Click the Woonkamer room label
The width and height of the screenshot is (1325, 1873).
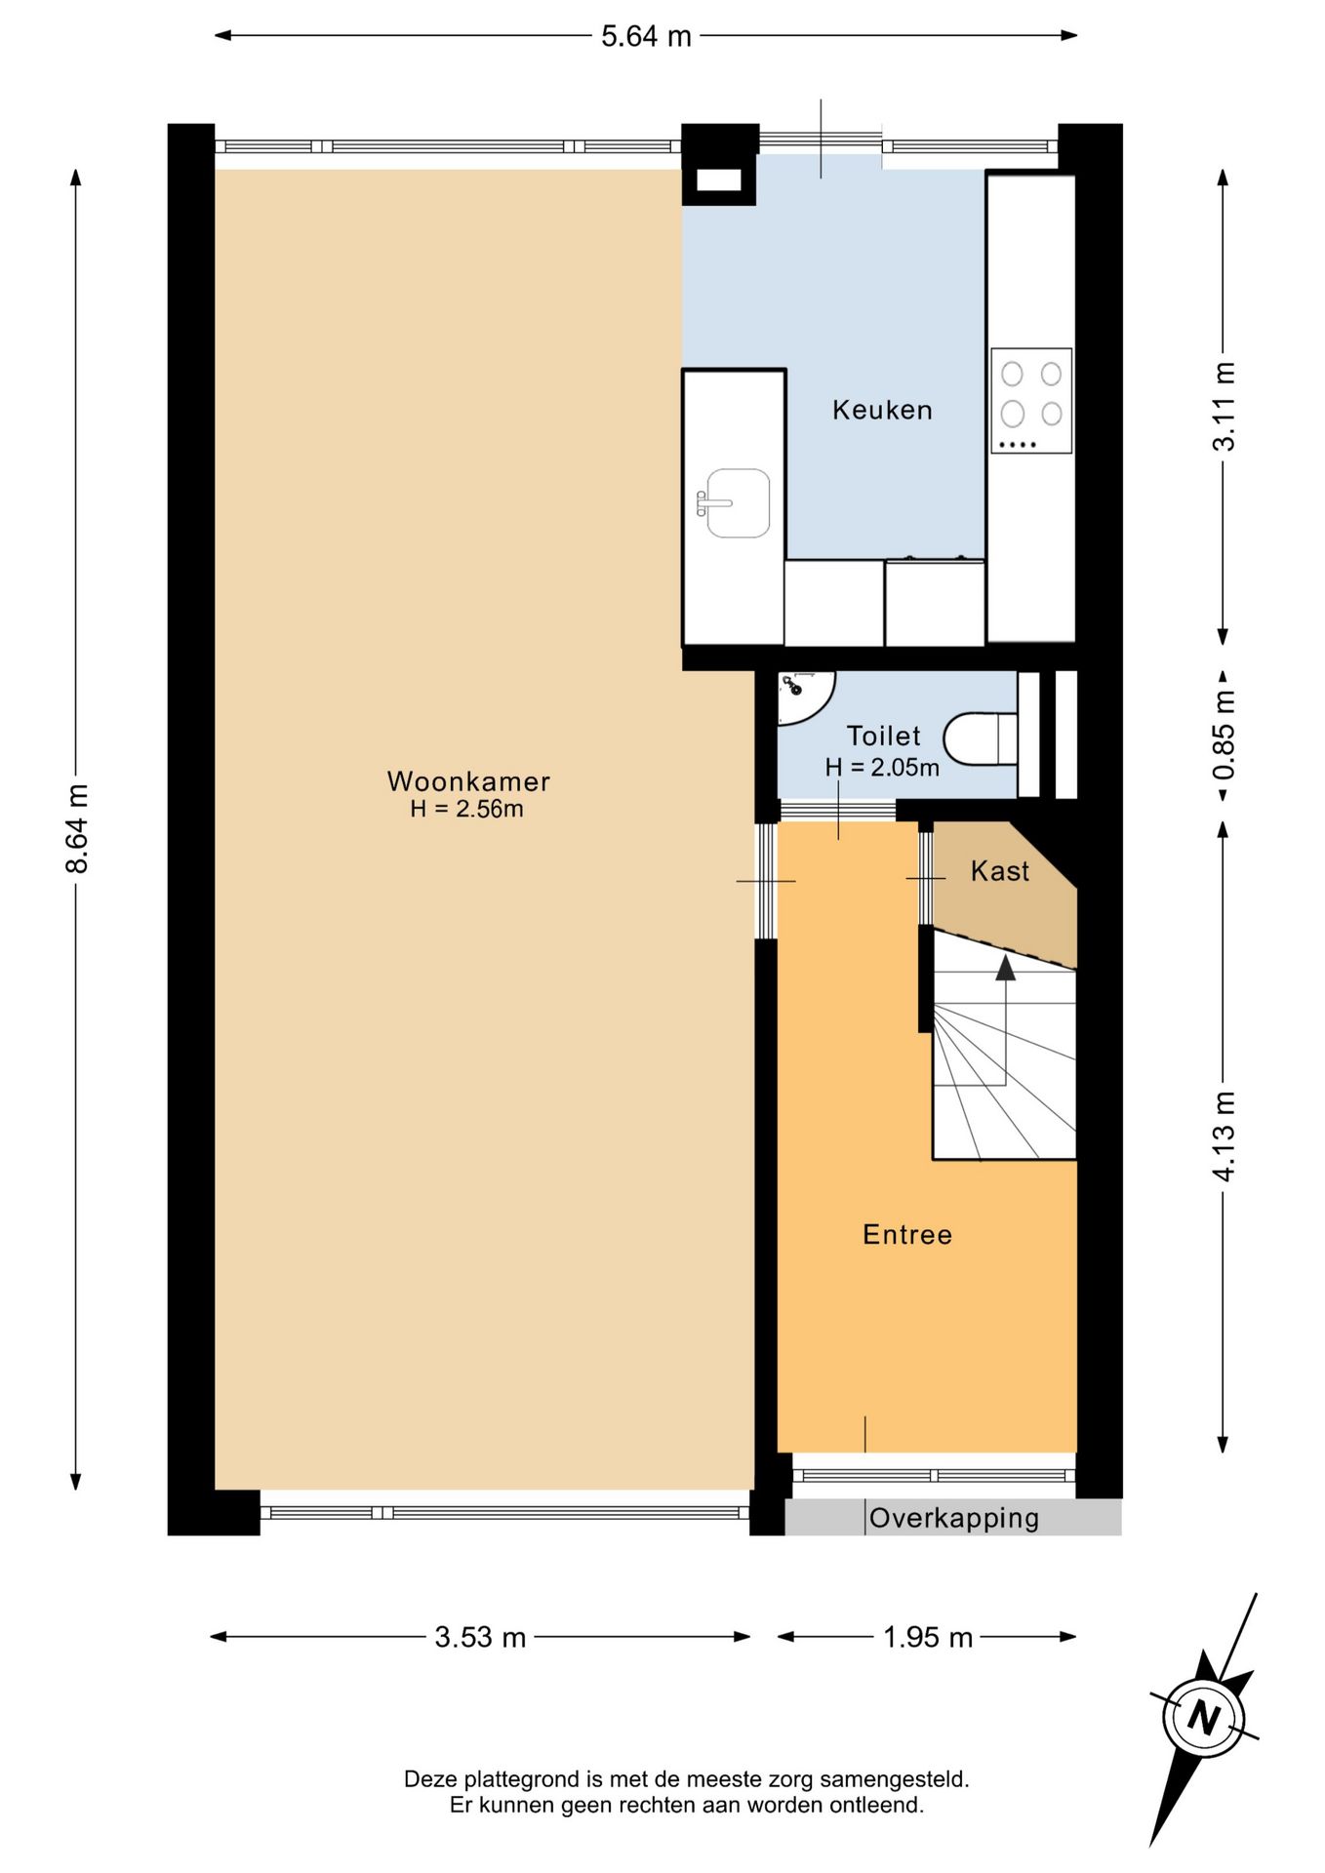point(468,781)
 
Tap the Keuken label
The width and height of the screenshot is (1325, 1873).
point(882,410)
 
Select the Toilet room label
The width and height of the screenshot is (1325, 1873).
point(883,736)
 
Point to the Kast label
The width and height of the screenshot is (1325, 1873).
point(1000,871)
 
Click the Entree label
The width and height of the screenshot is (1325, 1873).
point(907,1235)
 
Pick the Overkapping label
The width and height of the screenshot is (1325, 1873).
point(954,1518)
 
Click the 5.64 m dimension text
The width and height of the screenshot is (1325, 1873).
point(646,37)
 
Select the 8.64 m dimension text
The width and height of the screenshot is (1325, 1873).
point(78,828)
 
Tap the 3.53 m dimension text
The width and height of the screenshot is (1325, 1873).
point(480,1637)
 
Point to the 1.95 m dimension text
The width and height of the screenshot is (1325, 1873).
point(928,1637)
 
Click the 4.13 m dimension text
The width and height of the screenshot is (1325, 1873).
point(1224,1136)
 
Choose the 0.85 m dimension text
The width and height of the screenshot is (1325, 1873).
point(1224,735)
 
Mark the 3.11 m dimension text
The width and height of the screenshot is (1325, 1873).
point(1224,406)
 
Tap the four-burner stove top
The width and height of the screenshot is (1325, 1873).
point(1031,400)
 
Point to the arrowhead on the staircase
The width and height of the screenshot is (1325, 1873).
point(1005,968)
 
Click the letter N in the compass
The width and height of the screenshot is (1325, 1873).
point(1204,1717)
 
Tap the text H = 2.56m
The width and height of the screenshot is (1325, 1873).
point(466,809)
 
